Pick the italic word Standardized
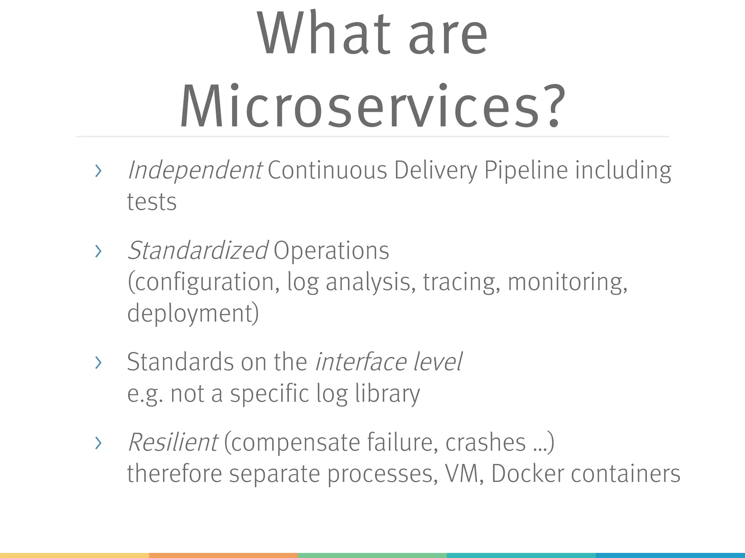[198, 250]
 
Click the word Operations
[331, 250]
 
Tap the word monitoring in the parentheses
[567, 282]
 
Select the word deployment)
[193, 313]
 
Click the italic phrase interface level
[389, 362]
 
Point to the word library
[387, 393]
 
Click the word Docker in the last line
[527, 474]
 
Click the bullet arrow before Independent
[98, 171]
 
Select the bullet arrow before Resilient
[98, 443]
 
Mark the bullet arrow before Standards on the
[98, 363]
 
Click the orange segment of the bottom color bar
[223, 555]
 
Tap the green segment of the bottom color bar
[372, 555]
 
